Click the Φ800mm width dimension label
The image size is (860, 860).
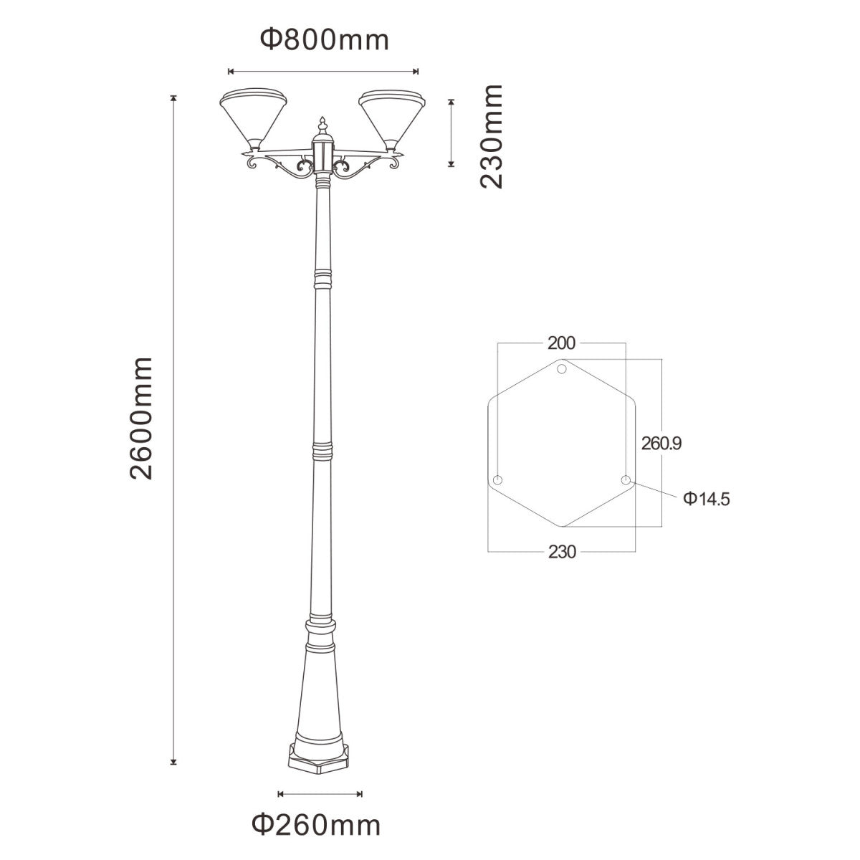tap(324, 40)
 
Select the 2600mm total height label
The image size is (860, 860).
tap(141, 417)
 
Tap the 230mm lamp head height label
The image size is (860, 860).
tap(491, 135)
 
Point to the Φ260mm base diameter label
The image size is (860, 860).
tap(316, 825)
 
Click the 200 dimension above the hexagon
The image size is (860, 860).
tap(561, 343)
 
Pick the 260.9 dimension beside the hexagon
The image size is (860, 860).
tap(661, 444)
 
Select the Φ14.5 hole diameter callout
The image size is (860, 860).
tap(705, 499)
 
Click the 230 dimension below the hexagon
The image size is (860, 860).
tap(563, 552)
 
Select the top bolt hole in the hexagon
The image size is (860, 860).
tap(563, 369)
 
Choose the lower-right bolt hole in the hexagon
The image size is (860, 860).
tap(626, 480)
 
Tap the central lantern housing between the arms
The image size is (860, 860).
tap(322, 154)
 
